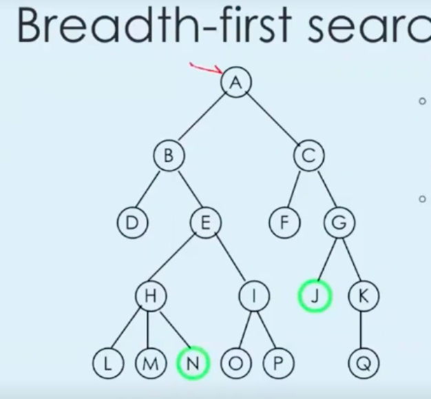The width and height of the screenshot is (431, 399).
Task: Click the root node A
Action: pyautogui.click(x=236, y=83)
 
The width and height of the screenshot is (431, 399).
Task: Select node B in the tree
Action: pyautogui.click(x=169, y=156)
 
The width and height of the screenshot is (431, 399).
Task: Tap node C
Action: pyautogui.click(x=308, y=156)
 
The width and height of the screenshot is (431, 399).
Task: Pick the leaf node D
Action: pyautogui.click(x=132, y=223)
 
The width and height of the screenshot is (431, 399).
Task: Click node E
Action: pyautogui.click(x=205, y=223)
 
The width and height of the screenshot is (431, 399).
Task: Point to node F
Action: pyautogui.click(x=284, y=223)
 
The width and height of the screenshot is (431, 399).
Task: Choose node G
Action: pyautogui.click(x=339, y=223)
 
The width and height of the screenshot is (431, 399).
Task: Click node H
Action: pyautogui.click(x=150, y=296)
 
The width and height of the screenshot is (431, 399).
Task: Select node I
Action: pyautogui.click(x=254, y=296)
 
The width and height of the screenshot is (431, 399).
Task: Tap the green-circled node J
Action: pyautogui.click(x=315, y=296)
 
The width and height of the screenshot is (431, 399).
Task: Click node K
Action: pyautogui.click(x=364, y=296)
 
